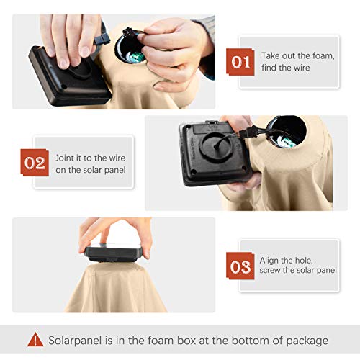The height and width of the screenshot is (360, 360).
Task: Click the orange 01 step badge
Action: (240, 62)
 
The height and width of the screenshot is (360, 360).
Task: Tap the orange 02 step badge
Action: (35, 163)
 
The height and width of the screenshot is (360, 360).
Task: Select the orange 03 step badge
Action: (240, 266)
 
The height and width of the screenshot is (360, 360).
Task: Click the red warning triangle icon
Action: (35, 339)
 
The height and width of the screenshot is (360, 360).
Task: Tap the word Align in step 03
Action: (269, 261)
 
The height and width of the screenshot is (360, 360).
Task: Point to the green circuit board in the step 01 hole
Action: (137, 56)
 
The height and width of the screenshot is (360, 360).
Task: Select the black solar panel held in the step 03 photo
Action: (114, 253)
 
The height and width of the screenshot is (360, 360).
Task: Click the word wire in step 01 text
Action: (302, 68)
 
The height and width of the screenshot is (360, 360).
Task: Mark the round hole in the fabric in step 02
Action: (287, 132)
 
